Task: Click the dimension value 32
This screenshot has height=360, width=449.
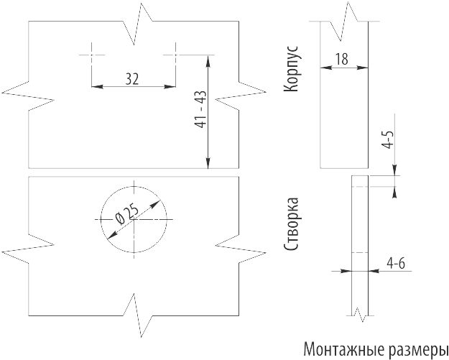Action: [132, 78]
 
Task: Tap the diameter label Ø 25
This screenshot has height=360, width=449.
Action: [126, 214]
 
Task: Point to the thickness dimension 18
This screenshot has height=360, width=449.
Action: [342, 59]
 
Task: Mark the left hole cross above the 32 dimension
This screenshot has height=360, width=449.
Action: [93, 53]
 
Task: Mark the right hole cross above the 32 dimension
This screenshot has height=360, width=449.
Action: [175, 53]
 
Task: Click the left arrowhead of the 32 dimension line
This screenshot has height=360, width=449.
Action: [96, 87]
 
